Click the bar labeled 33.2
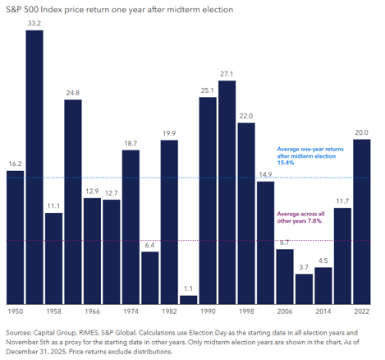(34, 167)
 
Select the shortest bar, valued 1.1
(188, 300)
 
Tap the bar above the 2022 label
(362, 222)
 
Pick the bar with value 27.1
(227, 192)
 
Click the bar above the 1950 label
(15, 238)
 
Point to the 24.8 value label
(73, 93)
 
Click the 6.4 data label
(149, 245)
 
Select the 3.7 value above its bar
(304, 267)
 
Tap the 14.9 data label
(265, 174)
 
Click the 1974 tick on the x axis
(131, 312)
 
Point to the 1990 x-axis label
(208, 312)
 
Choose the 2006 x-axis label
(285, 312)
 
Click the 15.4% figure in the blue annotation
(286, 163)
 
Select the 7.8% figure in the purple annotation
(314, 221)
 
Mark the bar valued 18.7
(131, 227)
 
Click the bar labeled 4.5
(323, 286)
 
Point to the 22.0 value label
(246, 116)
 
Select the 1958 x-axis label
(53, 312)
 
